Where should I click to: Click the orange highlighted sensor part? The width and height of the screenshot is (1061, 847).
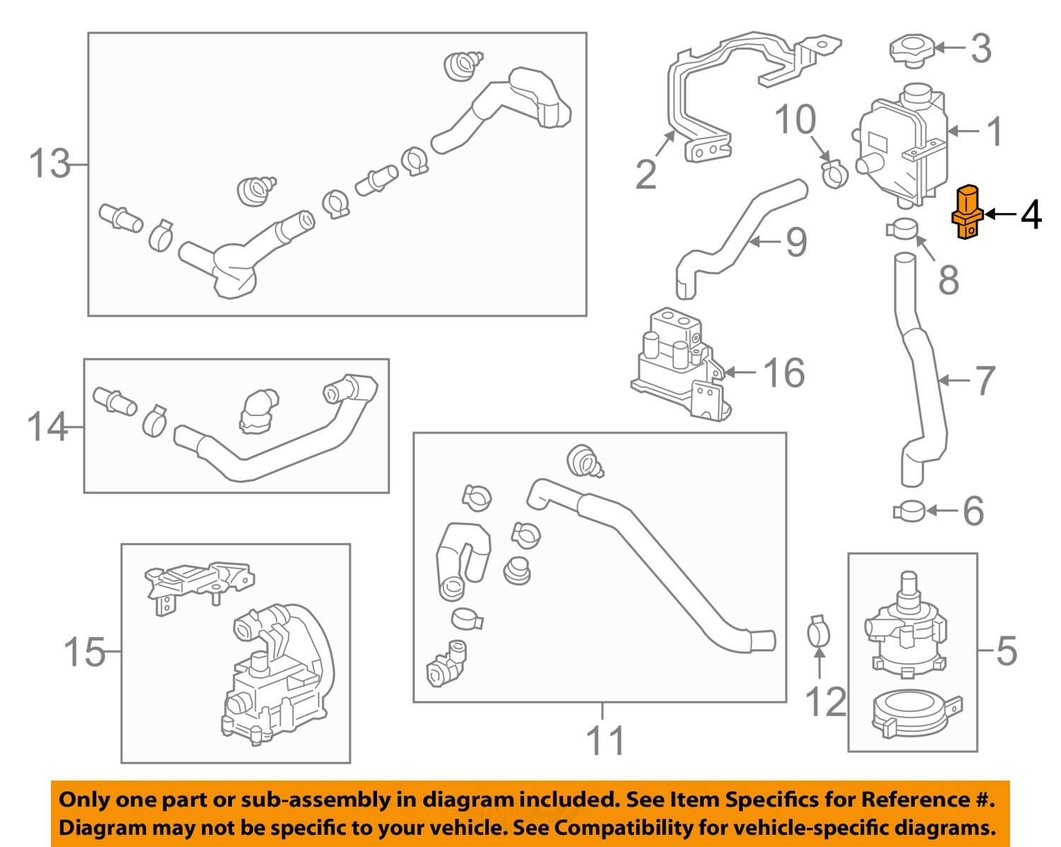tap(967, 213)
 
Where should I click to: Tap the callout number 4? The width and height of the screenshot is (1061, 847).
tap(1031, 214)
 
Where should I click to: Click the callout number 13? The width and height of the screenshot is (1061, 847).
tap(50, 164)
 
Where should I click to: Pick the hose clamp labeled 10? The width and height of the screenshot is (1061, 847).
tap(835, 173)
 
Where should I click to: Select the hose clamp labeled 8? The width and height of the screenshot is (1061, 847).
tap(901, 229)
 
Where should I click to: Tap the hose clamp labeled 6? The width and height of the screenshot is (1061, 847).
tap(908, 509)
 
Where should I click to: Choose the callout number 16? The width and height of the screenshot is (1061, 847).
tap(784, 373)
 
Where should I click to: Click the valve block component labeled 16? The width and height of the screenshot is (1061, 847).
tap(679, 364)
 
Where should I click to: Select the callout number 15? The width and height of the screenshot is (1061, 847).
tap(83, 652)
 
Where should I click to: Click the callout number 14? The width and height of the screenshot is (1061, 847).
tap(47, 427)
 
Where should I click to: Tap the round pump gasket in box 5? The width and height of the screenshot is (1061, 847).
tap(912, 713)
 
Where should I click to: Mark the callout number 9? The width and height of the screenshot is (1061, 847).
tap(796, 243)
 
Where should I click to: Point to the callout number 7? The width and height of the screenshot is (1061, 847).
tap(985, 381)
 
